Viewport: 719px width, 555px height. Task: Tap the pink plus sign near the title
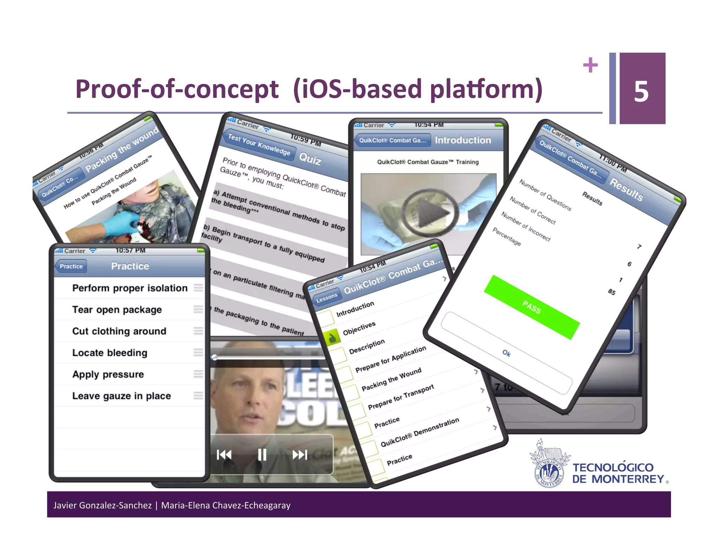(x=590, y=65)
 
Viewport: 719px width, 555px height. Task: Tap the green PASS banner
(x=532, y=307)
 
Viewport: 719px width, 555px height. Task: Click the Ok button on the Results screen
(x=506, y=353)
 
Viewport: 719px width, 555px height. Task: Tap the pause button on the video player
(x=262, y=455)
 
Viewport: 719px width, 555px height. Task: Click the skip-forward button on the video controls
(x=300, y=455)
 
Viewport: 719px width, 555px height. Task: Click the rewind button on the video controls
(x=224, y=455)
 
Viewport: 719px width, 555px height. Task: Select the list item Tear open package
(x=117, y=309)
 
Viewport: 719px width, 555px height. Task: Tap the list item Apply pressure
(x=108, y=374)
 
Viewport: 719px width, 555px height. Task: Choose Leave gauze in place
(x=121, y=396)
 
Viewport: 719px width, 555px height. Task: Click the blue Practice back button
(x=71, y=266)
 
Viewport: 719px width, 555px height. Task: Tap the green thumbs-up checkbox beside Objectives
(x=332, y=338)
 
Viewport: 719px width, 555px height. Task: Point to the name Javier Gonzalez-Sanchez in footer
(x=102, y=505)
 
